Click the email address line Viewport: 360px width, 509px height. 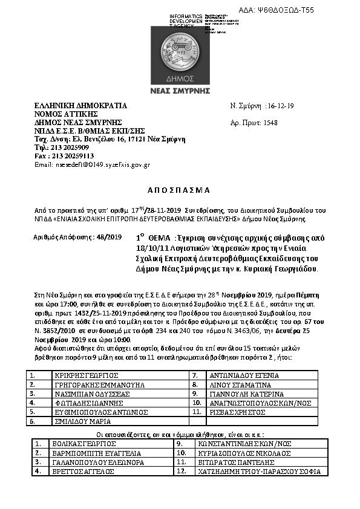pyautogui.click(x=92, y=164)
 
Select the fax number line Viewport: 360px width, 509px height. pyautogui.click(x=61, y=155)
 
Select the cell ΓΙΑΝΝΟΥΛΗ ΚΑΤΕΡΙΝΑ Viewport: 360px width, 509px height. pyautogui.click(x=243, y=393)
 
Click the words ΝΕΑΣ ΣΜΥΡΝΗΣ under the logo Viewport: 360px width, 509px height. pyautogui.click(x=180, y=90)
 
